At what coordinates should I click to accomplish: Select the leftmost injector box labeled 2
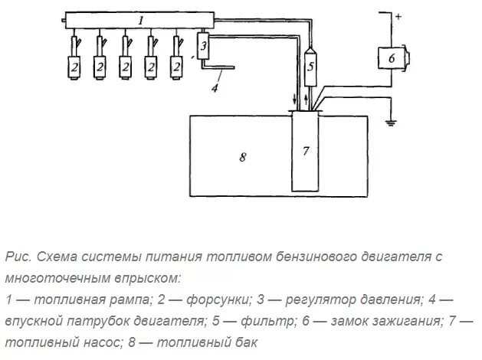[75, 67]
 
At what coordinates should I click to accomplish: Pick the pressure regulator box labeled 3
[204, 47]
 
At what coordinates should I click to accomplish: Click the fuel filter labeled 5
[310, 65]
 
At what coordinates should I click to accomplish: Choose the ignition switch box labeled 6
[392, 58]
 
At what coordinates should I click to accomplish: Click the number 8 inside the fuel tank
[242, 157]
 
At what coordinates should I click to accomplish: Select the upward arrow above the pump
[307, 99]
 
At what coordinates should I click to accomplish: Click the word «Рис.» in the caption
[19, 257]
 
